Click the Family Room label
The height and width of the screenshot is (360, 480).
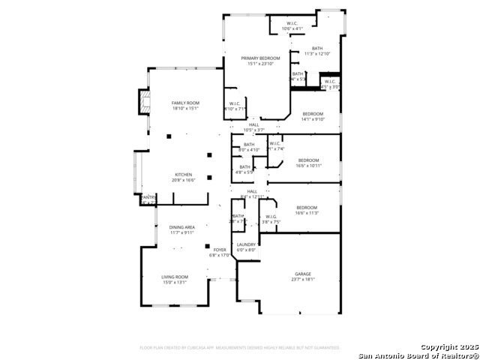click(x=184, y=103)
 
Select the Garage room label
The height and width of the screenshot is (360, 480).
click(x=302, y=274)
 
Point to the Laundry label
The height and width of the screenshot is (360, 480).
click(x=247, y=244)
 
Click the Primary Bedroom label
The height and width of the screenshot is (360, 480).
click(x=260, y=58)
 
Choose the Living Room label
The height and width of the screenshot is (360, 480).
click(x=175, y=277)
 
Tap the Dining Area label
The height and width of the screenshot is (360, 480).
click(x=181, y=227)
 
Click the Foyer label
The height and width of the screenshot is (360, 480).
click(x=220, y=250)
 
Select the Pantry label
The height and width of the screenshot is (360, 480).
click(x=148, y=197)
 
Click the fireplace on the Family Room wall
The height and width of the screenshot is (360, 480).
click(x=142, y=101)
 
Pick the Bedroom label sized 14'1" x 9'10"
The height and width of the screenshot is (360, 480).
click(x=312, y=113)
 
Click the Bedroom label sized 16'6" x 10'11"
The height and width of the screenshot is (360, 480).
click(x=308, y=160)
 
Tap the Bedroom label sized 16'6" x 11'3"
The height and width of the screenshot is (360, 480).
click(x=306, y=207)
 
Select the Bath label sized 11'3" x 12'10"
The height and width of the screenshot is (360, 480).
click(x=317, y=48)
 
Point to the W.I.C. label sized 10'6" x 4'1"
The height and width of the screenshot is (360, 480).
click(x=292, y=23)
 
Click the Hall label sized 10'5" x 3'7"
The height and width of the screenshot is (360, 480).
click(x=243, y=125)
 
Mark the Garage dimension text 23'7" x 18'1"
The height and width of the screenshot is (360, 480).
click(x=302, y=280)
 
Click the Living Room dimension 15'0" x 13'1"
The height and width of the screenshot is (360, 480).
click(x=175, y=283)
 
